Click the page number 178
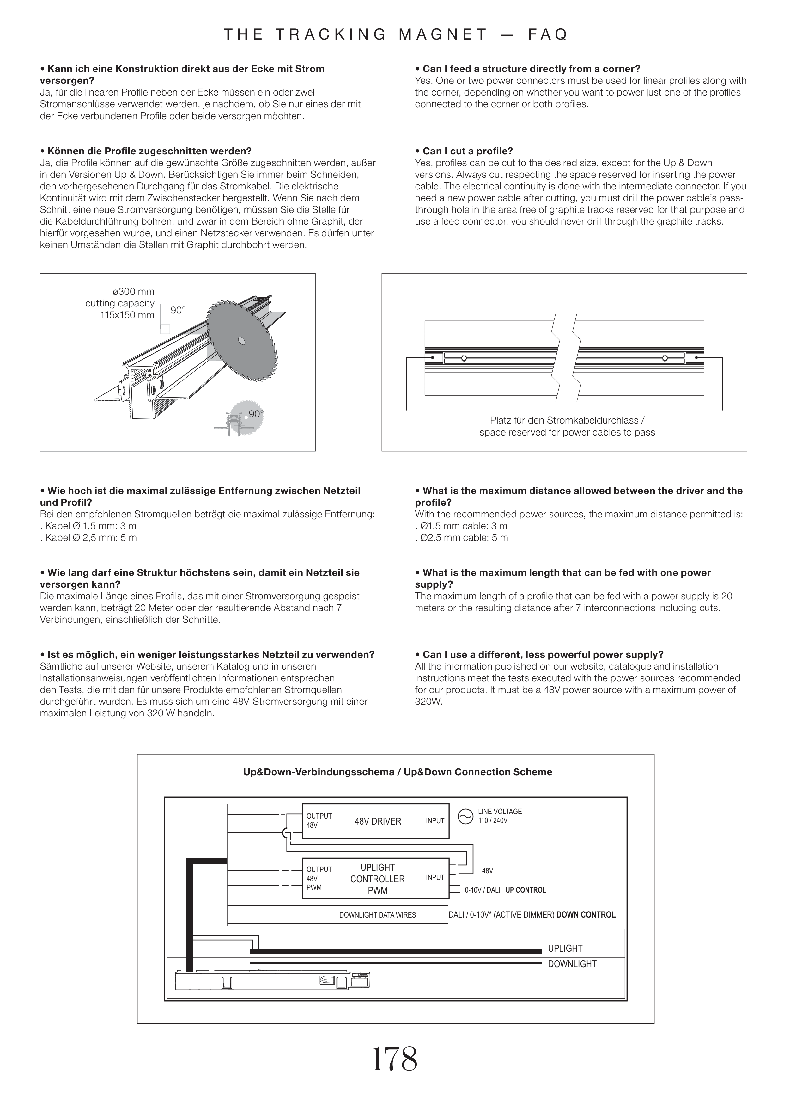(x=394, y=1059)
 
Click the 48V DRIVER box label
(x=378, y=821)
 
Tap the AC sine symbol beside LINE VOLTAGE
(x=465, y=816)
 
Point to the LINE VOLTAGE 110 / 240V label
(x=500, y=816)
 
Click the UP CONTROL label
(x=526, y=890)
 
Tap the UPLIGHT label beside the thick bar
(x=565, y=948)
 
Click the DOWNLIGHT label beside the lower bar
(x=572, y=964)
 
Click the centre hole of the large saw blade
(x=241, y=341)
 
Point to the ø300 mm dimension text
(x=133, y=292)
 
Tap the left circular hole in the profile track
(x=464, y=358)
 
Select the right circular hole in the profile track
(x=665, y=358)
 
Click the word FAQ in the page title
(x=548, y=34)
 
